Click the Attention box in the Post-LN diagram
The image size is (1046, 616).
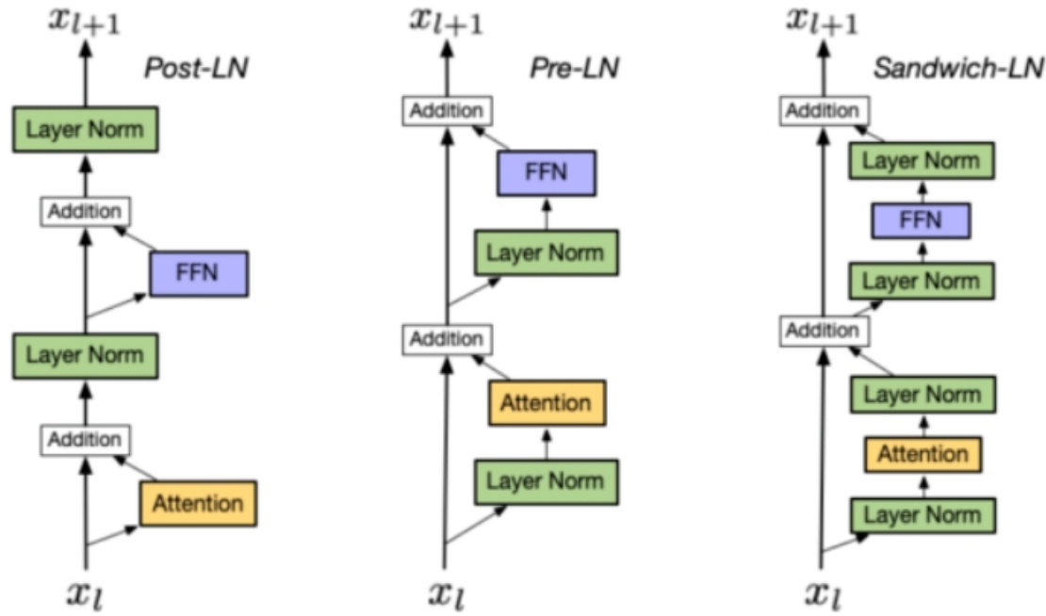(x=198, y=503)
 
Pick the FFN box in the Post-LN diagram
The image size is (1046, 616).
(x=198, y=274)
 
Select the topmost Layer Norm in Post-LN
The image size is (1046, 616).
(x=85, y=129)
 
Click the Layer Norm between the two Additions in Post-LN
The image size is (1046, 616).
(x=85, y=355)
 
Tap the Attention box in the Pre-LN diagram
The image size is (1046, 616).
(x=546, y=403)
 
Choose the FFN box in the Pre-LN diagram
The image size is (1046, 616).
(x=546, y=172)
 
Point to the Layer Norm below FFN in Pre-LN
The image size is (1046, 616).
(x=546, y=251)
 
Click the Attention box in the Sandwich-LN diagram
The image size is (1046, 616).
(x=923, y=454)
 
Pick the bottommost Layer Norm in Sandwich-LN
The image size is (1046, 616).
(x=923, y=515)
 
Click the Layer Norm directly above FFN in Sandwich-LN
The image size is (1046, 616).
(x=923, y=160)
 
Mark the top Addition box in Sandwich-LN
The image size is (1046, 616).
(x=823, y=111)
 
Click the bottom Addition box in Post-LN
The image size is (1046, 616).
(x=85, y=439)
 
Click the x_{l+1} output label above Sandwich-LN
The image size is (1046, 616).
(x=823, y=21)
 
